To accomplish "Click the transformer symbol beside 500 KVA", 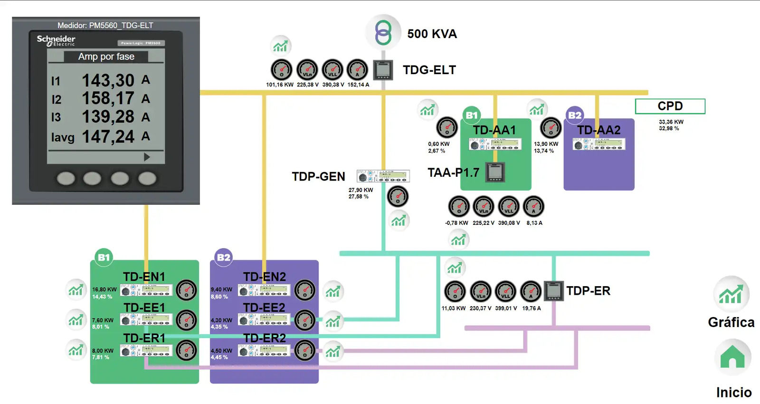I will [383, 32].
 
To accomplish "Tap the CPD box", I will [670, 106].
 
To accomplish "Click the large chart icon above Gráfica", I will [731, 294].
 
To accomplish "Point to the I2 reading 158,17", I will [108, 98].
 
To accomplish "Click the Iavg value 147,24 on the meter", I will [108, 137].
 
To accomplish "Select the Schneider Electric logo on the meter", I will [56, 40].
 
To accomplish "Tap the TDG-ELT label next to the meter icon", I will [429, 70].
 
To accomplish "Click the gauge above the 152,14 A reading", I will [357, 70].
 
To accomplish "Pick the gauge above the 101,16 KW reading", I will [281, 70].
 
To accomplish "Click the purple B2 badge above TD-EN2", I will [223, 257].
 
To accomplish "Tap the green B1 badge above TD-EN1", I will [104, 257].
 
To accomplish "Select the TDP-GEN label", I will [318, 176].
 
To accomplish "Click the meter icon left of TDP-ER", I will [553, 291].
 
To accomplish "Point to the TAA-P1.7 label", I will [453, 173].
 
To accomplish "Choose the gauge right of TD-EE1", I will [186, 320].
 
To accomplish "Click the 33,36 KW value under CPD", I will [671, 122].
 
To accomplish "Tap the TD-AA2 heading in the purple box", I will [598, 130].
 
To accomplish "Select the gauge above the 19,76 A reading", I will [531, 291].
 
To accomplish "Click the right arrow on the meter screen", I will [147, 157].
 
